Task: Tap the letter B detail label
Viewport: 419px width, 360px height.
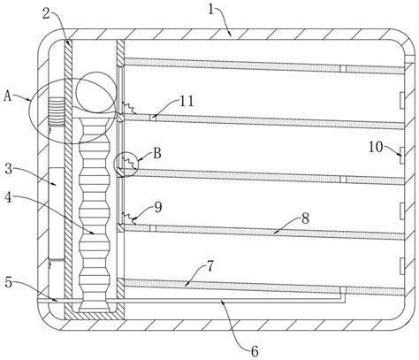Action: click(156, 152)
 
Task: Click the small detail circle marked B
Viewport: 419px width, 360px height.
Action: click(126, 164)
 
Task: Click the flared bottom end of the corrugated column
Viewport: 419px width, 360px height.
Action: click(92, 306)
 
